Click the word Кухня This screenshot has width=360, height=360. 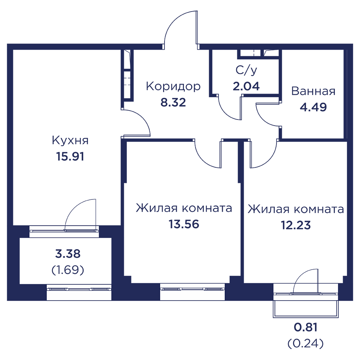click(70, 140)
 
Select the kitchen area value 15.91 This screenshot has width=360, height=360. click(70, 157)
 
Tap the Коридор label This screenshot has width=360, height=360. click(174, 87)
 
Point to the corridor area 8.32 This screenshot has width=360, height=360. click(173, 102)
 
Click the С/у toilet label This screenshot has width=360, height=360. click(246, 70)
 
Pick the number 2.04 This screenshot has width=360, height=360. click(246, 86)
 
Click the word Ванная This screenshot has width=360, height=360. click(314, 91)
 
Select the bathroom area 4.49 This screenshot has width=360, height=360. click(314, 107)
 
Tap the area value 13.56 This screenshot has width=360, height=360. click(184, 224)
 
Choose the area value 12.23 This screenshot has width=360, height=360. click(296, 225)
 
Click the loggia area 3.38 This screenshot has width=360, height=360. click(68, 254)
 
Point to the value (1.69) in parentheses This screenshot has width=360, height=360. click(68, 270)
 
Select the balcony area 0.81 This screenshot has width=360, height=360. click(306, 327)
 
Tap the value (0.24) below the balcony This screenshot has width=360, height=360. click(306, 343)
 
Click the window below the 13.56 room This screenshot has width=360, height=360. click(192, 289)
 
